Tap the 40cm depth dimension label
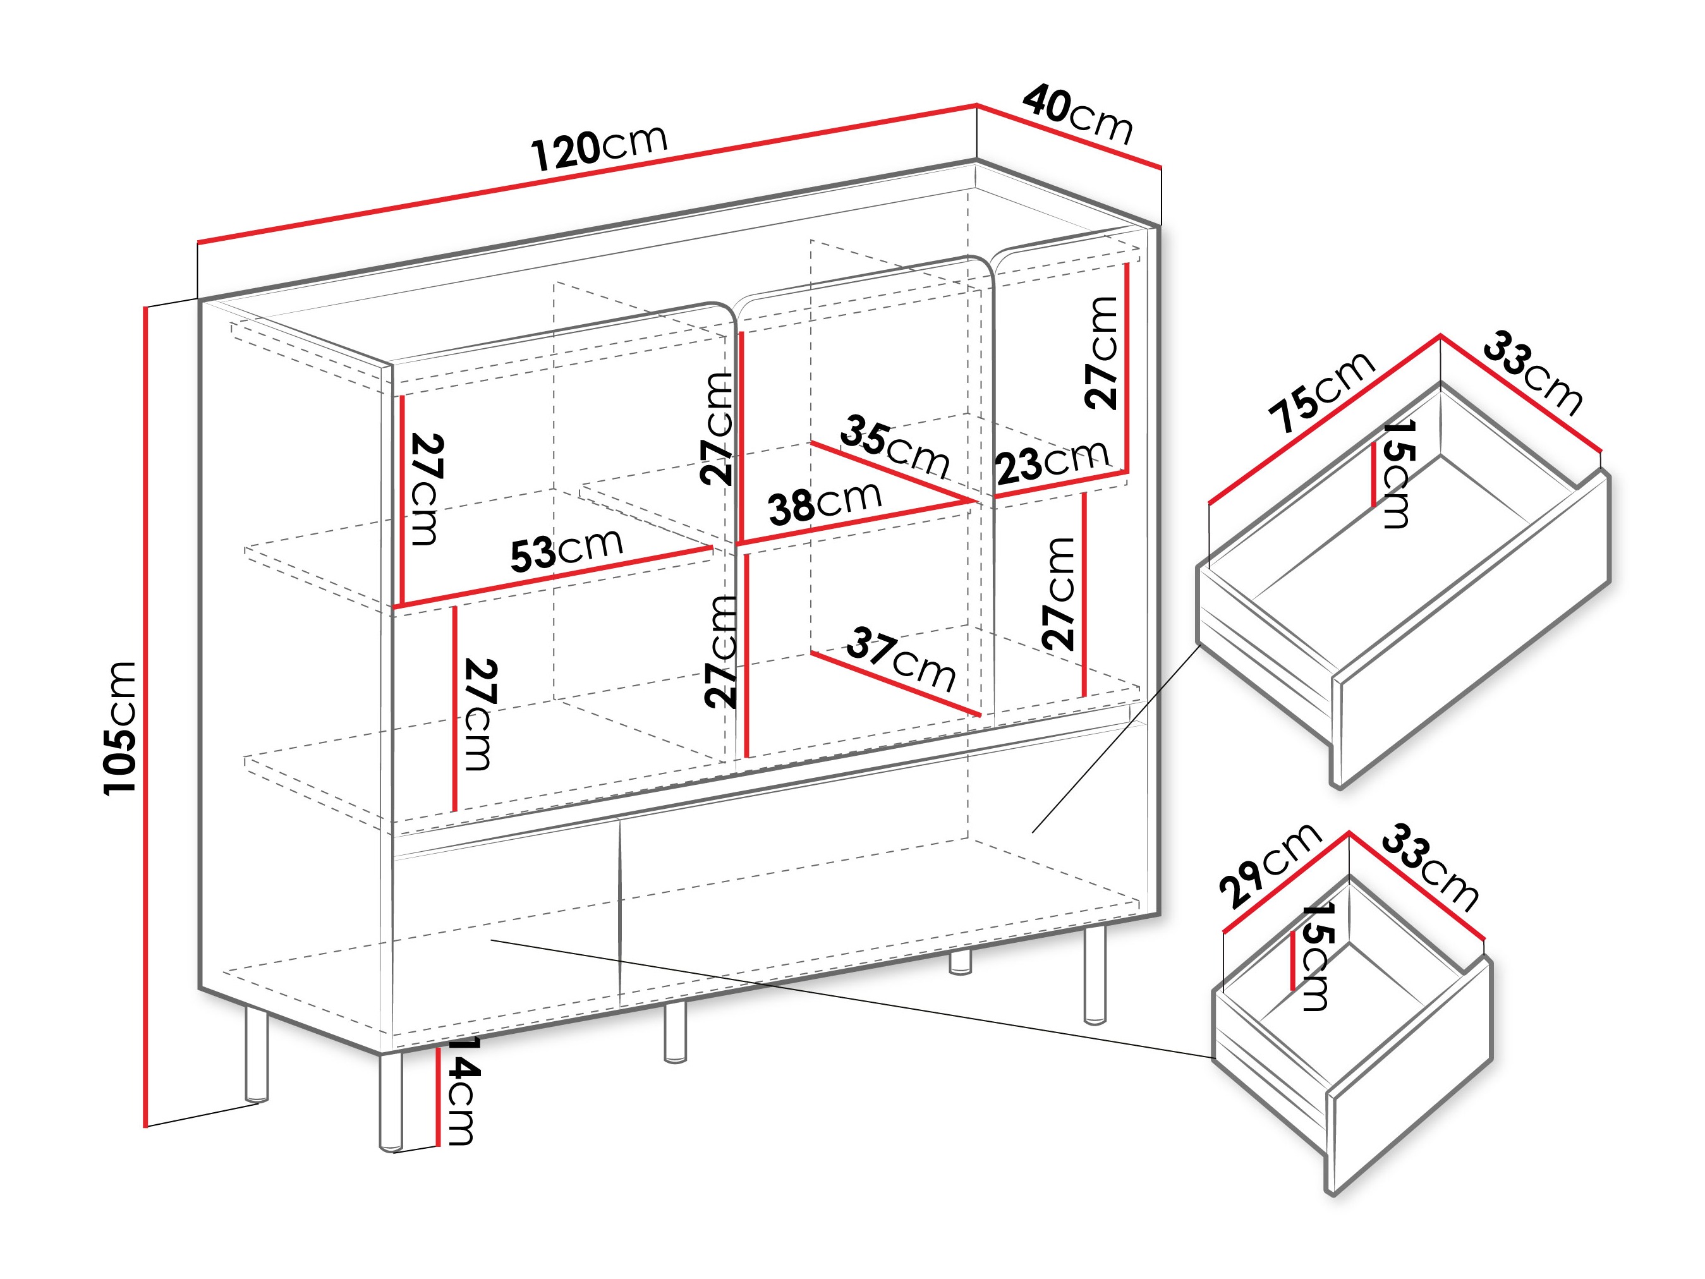(1078, 116)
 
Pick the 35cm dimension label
(894, 446)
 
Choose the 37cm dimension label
(901, 659)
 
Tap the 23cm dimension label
(1052, 462)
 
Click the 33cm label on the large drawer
(1532, 373)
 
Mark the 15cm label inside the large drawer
(1397, 473)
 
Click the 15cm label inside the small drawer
(1315, 957)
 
